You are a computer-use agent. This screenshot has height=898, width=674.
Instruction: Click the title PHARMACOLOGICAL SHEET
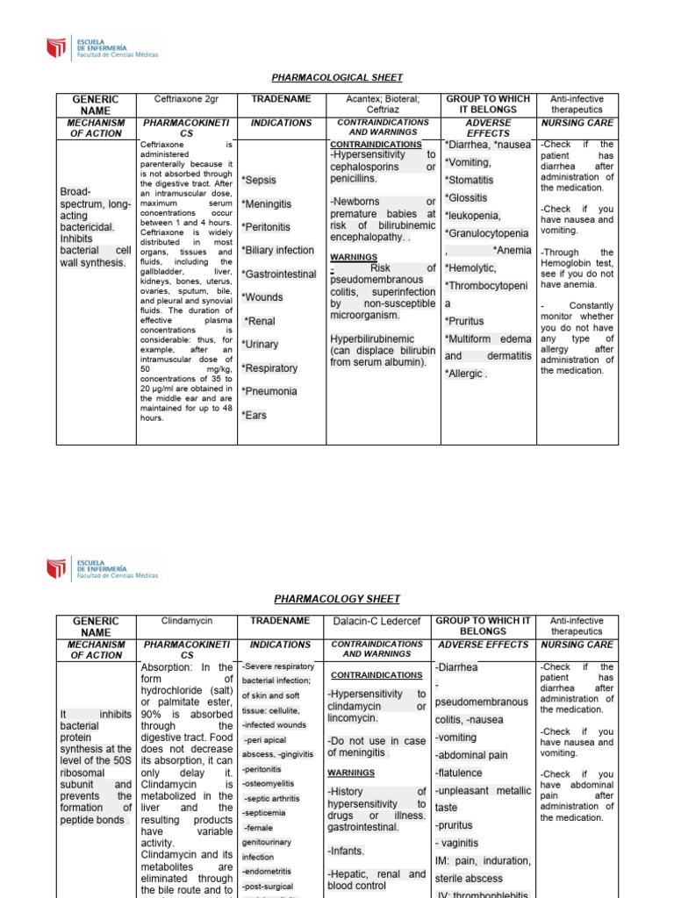pos(337,78)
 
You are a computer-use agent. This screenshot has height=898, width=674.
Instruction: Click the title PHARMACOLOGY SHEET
pos(337,599)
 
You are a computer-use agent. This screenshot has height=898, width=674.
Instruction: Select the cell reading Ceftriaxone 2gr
pos(183,99)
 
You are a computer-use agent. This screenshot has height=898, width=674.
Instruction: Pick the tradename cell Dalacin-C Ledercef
pos(378,621)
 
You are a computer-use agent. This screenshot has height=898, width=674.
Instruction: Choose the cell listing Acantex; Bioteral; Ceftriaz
pos(383,104)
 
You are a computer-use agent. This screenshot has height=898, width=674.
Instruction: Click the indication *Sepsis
pos(259,180)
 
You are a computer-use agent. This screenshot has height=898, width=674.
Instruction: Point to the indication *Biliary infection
pos(278,250)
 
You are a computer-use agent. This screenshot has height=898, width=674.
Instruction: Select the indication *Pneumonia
pos(269,391)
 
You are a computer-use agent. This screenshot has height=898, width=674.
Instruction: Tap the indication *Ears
pos(255,415)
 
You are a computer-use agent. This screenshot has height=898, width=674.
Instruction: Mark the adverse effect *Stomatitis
pos(470,180)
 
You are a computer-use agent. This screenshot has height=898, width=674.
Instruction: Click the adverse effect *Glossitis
pos(466,197)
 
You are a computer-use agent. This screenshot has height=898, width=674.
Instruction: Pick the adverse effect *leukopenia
pos(473,215)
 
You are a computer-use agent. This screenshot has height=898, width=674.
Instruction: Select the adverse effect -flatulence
pos(459,773)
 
